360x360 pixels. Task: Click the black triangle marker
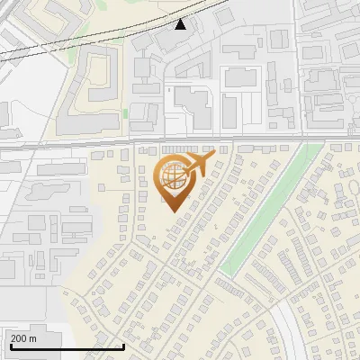pyautogui.click(x=181, y=24)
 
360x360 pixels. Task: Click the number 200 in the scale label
pyautogui.click(x=18, y=338)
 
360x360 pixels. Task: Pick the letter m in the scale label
pyautogui.click(x=32, y=338)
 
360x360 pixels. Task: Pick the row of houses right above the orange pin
pyautogui.click(x=184, y=148)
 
